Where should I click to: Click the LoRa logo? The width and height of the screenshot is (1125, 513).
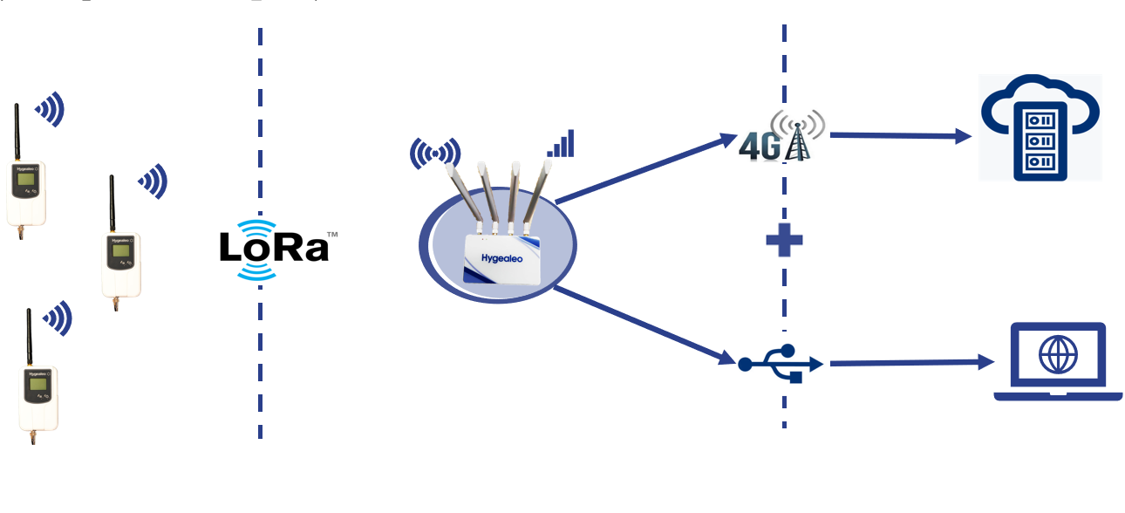click(x=274, y=249)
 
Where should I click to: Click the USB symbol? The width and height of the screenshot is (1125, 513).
click(x=780, y=362)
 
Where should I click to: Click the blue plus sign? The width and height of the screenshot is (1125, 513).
click(x=783, y=240)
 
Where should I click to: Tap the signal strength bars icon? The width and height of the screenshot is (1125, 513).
click(x=562, y=144)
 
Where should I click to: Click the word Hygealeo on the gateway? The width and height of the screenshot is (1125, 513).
click(x=504, y=258)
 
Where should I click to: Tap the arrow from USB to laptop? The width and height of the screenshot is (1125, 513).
click(x=911, y=362)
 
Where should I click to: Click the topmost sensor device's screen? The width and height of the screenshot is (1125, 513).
click(x=26, y=181)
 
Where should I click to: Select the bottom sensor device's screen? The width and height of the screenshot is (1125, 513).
click(x=37, y=385)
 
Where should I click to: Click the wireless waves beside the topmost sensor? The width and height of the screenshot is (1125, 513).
click(x=51, y=109)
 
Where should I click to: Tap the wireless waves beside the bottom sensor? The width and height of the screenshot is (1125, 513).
click(x=58, y=318)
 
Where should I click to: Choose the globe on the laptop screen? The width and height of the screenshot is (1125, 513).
click(x=1059, y=355)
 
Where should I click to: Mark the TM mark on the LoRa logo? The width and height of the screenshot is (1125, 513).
click(x=331, y=235)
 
